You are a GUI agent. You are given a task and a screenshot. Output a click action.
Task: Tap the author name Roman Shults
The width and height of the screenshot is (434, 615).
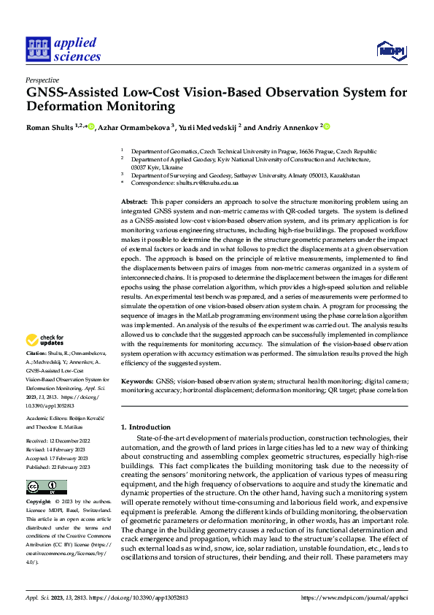(48, 127)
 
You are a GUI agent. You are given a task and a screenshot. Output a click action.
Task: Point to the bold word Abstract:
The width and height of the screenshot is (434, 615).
(134, 201)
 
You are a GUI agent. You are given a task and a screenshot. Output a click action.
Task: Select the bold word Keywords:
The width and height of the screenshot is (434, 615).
(137, 381)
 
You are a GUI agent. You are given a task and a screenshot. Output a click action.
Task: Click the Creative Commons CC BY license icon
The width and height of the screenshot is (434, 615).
(46, 486)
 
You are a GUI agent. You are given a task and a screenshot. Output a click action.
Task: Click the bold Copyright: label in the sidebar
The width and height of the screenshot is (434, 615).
(39, 503)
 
